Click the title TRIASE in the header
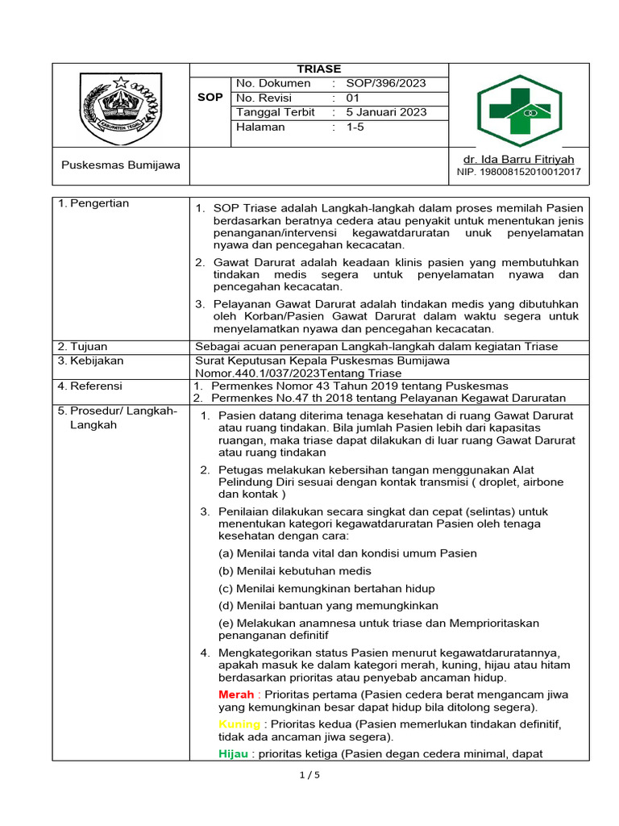[x=319, y=69]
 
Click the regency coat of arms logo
[x=121, y=106]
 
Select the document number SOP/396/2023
[x=386, y=83]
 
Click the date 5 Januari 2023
[x=386, y=112]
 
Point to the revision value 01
[x=353, y=98]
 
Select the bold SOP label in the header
[x=210, y=98]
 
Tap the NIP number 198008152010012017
[x=518, y=172]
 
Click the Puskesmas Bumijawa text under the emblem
[x=121, y=165]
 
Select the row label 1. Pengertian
[x=93, y=203]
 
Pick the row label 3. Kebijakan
[x=90, y=361]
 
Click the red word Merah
[x=236, y=695]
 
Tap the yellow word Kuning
[x=239, y=724]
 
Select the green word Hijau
[x=234, y=753]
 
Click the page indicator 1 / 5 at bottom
[x=309, y=775]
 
